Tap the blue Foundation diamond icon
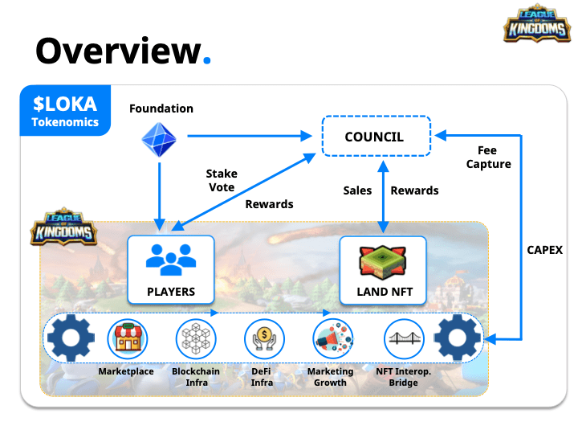(x=159, y=140)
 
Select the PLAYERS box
(x=171, y=270)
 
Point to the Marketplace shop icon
(x=128, y=339)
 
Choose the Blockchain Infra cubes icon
(x=196, y=339)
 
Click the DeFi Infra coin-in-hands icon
(x=264, y=339)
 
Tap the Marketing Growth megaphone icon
(x=333, y=339)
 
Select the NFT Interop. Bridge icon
(x=404, y=339)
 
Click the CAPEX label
(x=544, y=250)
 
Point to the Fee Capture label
(x=488, y=158)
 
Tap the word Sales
(x=357, y=190)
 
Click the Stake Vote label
(x=222, y=181)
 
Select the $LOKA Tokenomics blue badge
(x=65, y=110)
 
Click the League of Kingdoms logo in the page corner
(x=537, y=23)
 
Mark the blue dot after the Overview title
(x=207, y=60)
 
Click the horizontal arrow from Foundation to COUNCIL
(x=250, y=136)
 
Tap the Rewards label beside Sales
(x=414, y=190)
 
